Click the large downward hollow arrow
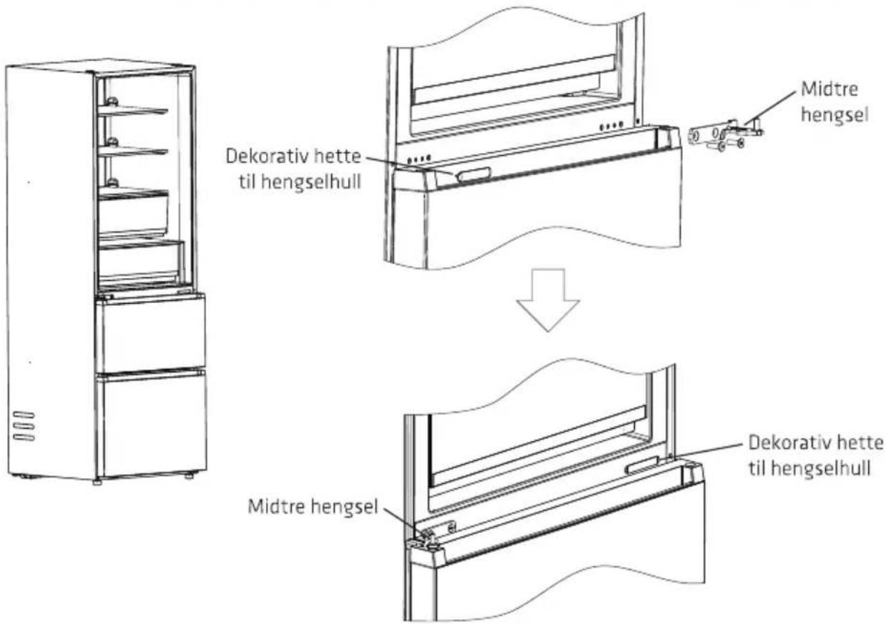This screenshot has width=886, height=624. [x=548, y=299]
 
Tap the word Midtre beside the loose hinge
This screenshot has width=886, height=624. [x=830, y=89]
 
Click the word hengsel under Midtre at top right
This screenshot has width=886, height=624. [x=835, y=115]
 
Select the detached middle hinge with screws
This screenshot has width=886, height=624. [x=727, y=135]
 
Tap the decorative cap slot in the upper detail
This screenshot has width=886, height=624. [x=474, y=175]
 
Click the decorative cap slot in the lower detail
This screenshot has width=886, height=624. [x=641, y=465]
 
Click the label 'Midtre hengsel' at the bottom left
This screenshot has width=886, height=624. [x=313, y=507]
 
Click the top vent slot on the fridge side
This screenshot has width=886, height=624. [x=24, y=415]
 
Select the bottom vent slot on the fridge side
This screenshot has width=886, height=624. [x=24, y=437]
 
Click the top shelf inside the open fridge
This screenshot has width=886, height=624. [x=133, y=111]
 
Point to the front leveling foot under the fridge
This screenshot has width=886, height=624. [x=97, y=482]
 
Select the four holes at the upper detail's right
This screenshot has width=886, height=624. [x=611, y=126]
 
